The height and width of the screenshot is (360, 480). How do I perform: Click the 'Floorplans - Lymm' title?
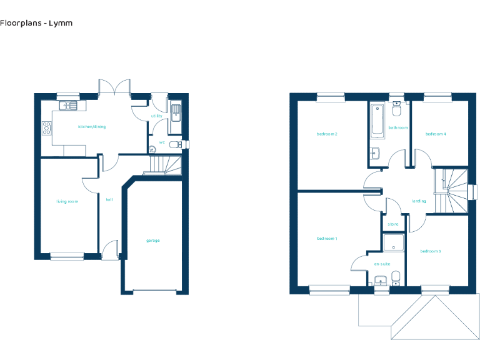36,23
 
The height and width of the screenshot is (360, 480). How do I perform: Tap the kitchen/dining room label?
91,127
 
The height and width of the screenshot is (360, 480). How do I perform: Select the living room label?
67,201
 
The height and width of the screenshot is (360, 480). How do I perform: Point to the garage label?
153,241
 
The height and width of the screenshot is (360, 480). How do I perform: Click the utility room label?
156,116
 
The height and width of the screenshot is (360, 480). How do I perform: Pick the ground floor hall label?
109,200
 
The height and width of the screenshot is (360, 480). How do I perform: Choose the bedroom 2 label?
327,134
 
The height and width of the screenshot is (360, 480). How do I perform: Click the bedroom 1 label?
327,239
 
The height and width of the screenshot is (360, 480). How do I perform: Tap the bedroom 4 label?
436,134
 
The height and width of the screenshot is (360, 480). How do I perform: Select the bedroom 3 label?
430,251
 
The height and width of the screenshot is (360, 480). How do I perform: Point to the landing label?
419,201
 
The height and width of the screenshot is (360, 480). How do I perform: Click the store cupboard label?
393,224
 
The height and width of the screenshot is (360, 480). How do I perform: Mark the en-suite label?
382,264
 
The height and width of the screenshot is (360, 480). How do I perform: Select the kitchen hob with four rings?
46,129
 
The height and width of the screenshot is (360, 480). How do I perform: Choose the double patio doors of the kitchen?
114,87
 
